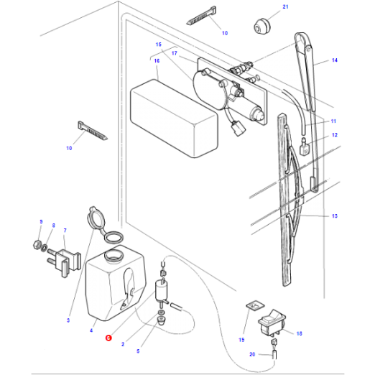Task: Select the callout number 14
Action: click(x=334, y=61)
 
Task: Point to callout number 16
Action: click(x=156, y=61)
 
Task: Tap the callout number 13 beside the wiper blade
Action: click(x=335, y=216)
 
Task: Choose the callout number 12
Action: click(x=334, y=136)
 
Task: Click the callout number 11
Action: click(x=334, y=121)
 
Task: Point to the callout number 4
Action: click(x=91, y=331)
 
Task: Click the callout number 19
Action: click(x=241, y=338)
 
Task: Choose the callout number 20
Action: click(x=252, y=354)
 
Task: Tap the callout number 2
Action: click(x=123, y=345)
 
